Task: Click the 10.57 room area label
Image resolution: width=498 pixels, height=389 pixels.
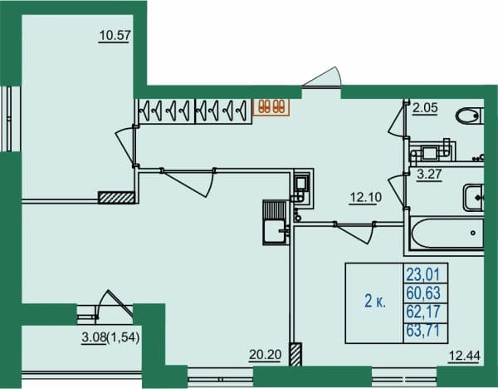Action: pyautogui.click(x=115, y=35)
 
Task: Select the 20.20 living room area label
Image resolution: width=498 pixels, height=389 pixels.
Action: pyautogui.click(x=266, y=354)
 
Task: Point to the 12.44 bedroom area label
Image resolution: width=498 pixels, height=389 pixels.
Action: pyautogui.click(x=464, y=356)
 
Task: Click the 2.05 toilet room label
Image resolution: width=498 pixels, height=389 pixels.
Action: pyautogui.click(x=425, y=108)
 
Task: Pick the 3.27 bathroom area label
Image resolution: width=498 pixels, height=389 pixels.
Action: pyautogui.click(x=429, y=175)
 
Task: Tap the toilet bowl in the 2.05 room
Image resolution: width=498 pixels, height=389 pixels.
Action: pyautogui.click(x=469, y=116)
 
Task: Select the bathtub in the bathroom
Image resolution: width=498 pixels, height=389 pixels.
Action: pyautogui.click(x=447, y=233)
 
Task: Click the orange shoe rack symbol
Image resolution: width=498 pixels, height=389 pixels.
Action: pyautogui.click(x=271, y=106)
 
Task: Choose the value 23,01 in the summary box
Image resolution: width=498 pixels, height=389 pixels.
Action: pyautogui.click(x=423, y=274)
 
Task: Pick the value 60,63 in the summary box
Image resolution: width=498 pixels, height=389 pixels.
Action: pyautogui.click(x=423, y=293)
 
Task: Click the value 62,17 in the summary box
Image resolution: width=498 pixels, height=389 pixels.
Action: pyautogui.click(x=423, y=312)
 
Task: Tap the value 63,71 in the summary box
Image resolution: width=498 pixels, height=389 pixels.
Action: pyautogui.click(x=423, y=330)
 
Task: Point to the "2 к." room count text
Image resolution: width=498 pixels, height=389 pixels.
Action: pyautogui.click(x=375, y=301)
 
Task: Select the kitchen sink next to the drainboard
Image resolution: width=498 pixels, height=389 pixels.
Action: pyautogui.click(x=275, y=231)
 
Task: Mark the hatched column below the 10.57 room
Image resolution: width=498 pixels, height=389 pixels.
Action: pyautogui.click(x=116, y=198)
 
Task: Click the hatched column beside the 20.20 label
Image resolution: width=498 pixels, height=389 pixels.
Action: pyautogui.click(x=295, y=354)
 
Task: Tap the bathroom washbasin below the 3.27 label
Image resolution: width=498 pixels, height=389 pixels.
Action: pyautogui.click(x=474, y=198)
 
